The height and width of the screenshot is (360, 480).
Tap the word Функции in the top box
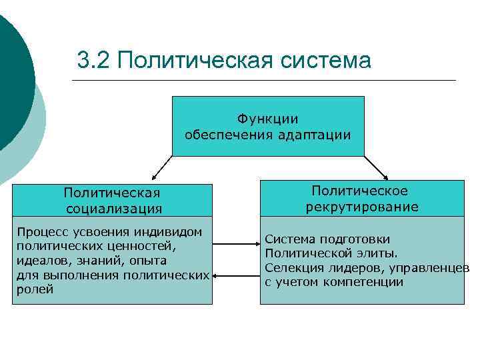pos(267,119)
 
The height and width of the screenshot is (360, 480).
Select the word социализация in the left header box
pos(113,209)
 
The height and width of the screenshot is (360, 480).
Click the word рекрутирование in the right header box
pos(362,207)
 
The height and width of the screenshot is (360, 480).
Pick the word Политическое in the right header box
pos(362,191)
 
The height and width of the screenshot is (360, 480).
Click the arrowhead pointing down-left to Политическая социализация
pos(153,178)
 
